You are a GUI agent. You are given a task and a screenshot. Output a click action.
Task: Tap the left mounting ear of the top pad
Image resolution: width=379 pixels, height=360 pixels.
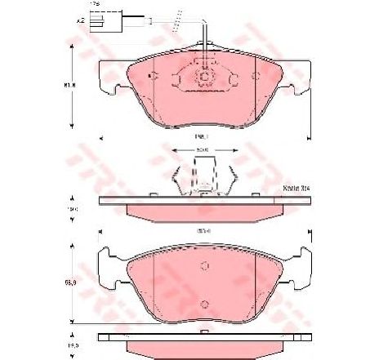101,78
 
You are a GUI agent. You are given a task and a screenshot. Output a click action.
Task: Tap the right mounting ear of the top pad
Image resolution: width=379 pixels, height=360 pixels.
302,78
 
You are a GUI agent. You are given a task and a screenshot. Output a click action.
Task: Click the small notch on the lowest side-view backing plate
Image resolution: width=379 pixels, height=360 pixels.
202,335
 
